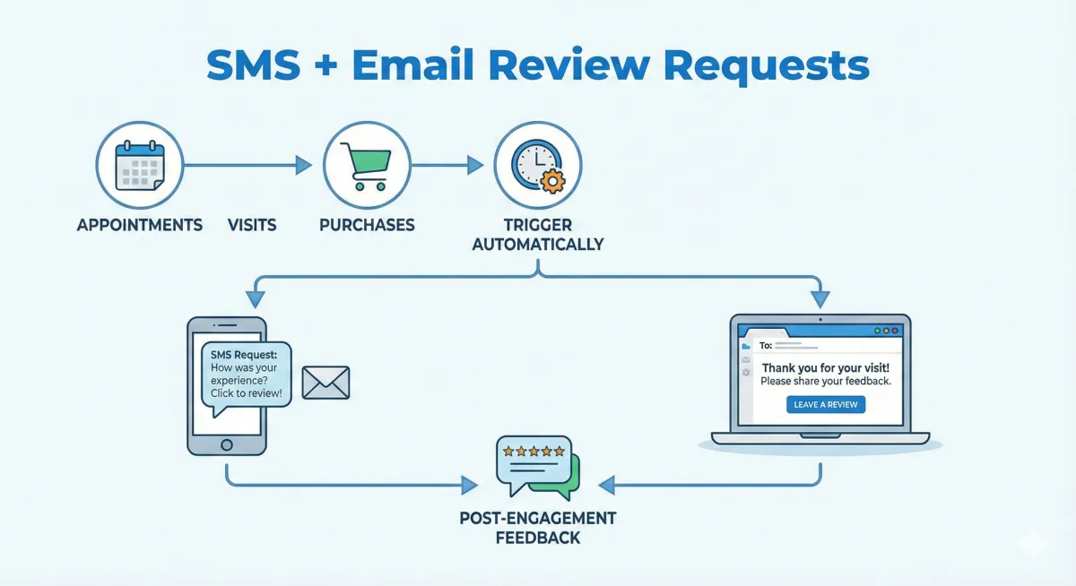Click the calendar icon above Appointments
point(139,166)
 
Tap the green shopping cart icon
point(366,166)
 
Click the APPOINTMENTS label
point(139,225)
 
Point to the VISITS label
point(252,225)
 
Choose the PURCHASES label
point(367,225)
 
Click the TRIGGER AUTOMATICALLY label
point(537,235)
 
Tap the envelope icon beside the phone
point(325,383)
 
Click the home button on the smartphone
point(226,444)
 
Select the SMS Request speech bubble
point(246,375)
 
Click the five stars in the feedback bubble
point(534,451)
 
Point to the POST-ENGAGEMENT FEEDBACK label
point(537,529)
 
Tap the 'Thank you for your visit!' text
point(826,368)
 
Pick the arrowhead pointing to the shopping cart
point(303,165)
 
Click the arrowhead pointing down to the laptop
point(820,299)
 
